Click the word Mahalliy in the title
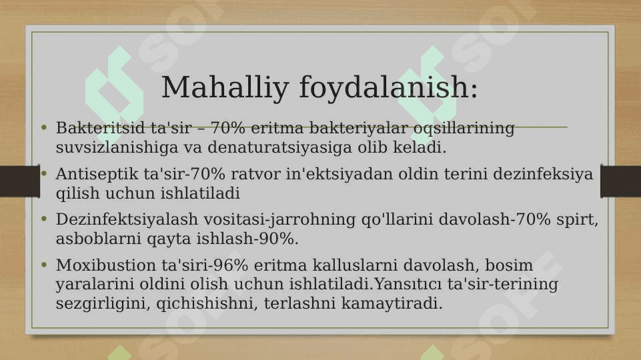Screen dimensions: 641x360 tap(225, 88)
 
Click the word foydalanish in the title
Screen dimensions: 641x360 tap(385, 88)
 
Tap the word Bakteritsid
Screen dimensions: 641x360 tap(101, 128)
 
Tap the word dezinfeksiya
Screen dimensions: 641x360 tap(543, 174)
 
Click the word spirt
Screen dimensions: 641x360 tap(577, 220)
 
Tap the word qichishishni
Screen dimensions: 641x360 tap(207, 303)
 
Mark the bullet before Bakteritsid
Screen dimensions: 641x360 tap(44, 128)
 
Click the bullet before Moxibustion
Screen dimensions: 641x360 tap(44, 265)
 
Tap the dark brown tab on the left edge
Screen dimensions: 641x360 tap(20, 181)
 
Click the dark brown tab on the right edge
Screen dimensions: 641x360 tap(620, 181)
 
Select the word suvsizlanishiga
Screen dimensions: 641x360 tap(117, 147)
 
